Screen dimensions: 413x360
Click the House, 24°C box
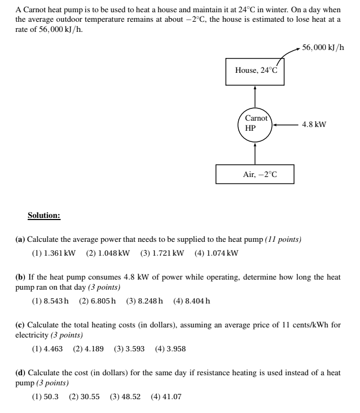pyautogui.click(x=255, y=71)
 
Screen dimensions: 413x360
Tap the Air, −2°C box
pyautogui.click(x=255, y=174)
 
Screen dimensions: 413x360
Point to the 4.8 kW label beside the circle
pyautogui.click(x=314, y=125)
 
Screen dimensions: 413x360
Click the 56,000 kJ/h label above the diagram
pyautogui.click(x=323, y=47)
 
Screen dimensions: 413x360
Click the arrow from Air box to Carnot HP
pyautogui.click(x=255, y=153)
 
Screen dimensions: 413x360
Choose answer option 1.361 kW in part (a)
pyautogui.click(x=54, y=252)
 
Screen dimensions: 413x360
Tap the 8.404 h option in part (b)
pyautogui.click(x=191, y=301)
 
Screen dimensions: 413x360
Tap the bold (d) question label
pyautogui.click(x=20, y=373)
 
